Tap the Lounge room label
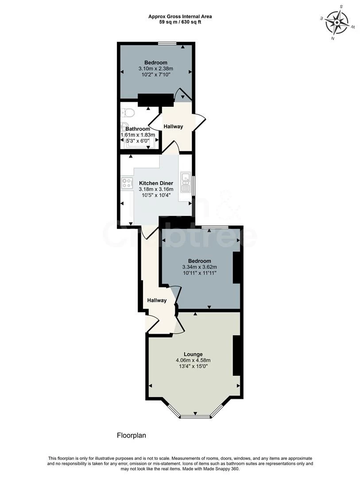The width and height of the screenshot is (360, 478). tap(194, 354)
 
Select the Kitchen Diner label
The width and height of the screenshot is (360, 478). tap(156, 183)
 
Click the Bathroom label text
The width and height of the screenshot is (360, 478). tap(138, 129)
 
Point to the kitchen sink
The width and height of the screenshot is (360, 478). tap(186, 179)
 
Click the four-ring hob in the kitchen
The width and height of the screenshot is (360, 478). tap(127, 183)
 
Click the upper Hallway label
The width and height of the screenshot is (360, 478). tap(173, 127)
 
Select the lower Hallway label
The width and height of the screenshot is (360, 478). tap(157, 301)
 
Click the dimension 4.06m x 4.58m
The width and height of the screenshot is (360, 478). tap(193, 360)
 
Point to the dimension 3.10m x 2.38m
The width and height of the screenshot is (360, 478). tap(155, 69)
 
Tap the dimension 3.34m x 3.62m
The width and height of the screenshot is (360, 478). tap(199, 267)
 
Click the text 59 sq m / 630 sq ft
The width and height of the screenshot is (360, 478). tap(180, 22)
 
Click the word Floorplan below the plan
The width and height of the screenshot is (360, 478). tap(131, 436)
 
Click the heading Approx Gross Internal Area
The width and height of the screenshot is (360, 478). tap(180, 16)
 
